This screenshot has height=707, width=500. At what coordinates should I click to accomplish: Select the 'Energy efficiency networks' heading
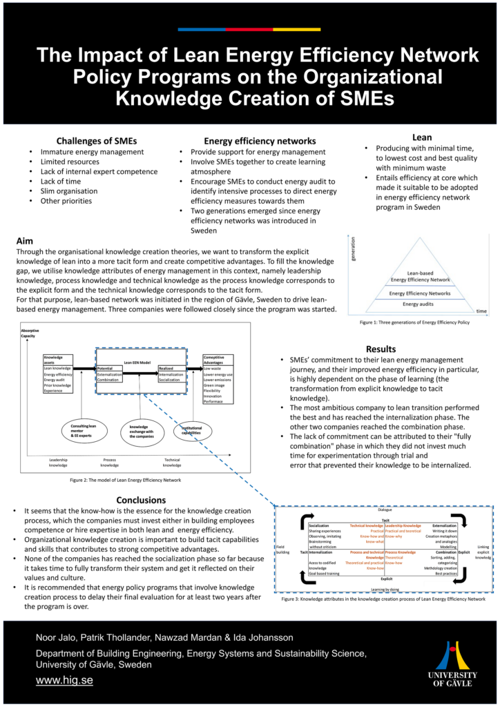tap(250, 140)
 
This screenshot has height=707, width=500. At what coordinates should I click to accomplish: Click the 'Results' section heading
tap(381, 349)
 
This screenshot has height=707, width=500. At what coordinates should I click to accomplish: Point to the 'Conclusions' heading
tap(141, 499)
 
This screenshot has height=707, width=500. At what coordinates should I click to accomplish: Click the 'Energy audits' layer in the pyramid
tap(420, 304)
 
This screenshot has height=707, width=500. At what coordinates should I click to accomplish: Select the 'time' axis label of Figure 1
tap(481, 311)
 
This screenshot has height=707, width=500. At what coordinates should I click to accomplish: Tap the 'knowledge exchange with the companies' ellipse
tap(144, 432)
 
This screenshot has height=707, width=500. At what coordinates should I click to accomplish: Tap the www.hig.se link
tap(64, 680)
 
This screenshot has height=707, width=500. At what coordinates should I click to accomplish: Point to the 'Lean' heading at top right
tap(421, 137)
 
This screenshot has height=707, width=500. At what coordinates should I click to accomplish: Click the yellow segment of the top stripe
tap(296, 30)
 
